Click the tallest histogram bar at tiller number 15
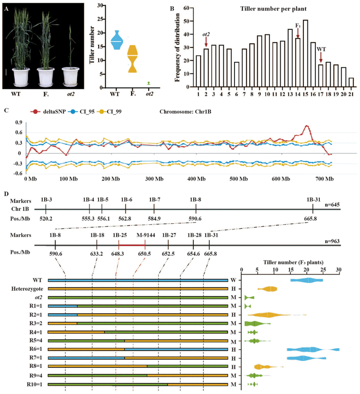305,53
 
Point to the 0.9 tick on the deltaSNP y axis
19,123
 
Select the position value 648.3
118,254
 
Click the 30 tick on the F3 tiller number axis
338,270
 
